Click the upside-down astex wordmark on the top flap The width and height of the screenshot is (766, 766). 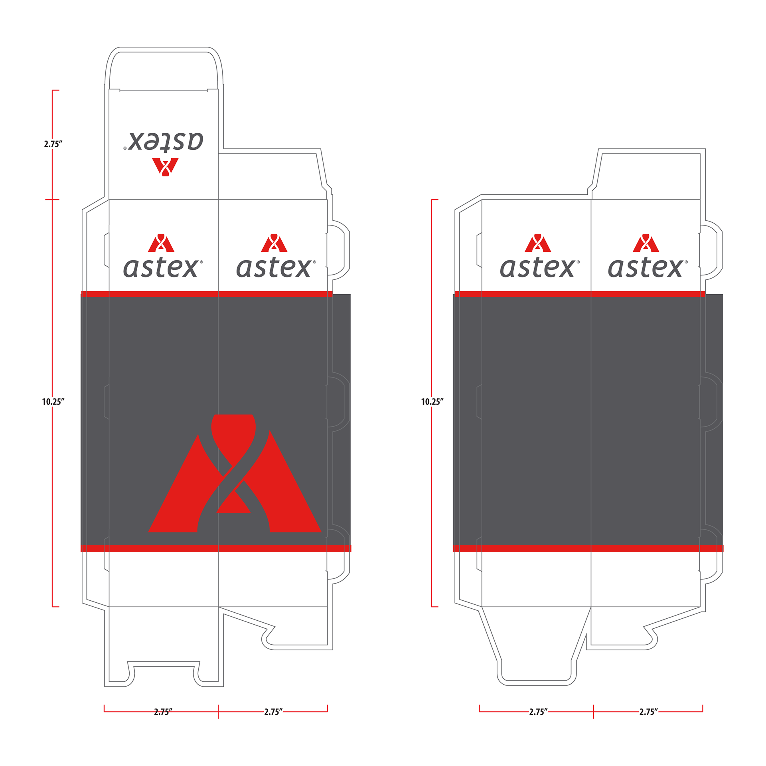[164, 141]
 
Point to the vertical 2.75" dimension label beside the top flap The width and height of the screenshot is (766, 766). [53, 144]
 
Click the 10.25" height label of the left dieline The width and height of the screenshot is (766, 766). [53, 401]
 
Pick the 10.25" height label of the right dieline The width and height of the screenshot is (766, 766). [432, 401]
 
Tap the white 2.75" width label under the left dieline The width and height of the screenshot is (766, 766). [273, 712]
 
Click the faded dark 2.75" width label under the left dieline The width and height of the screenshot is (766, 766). [163, 712]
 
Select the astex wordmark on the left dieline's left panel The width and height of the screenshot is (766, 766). [163, 267]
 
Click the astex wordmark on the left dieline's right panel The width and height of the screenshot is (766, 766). [276, 267]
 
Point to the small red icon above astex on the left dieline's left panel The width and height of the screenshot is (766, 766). [161, 243]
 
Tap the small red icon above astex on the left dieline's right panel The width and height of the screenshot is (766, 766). [274, 243]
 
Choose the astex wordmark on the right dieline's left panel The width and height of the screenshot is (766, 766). [539, 267]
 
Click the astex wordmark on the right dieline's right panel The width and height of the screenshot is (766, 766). [648, 267]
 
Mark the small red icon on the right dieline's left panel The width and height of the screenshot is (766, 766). [537, 243]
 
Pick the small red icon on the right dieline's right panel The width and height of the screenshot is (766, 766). [646, 243]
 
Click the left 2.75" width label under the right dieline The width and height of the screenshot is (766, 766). [538, 712]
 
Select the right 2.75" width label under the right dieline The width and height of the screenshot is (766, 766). [648, 712]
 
